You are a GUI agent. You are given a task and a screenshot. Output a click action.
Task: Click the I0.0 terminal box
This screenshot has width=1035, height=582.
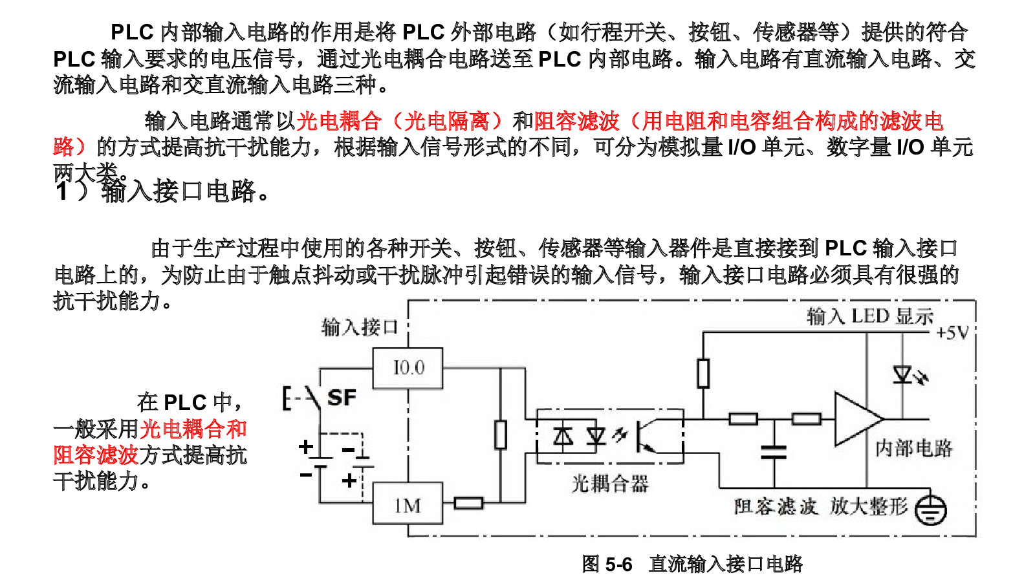pos(408,368)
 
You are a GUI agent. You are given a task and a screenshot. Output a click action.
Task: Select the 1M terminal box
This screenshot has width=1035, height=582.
pos(408,504)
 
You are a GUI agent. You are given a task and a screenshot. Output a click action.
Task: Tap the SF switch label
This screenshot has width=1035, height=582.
pos(342,398)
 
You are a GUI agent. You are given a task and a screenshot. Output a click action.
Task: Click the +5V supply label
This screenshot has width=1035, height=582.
pos(952,332)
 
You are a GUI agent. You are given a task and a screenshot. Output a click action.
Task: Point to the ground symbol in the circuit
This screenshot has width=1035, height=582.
pos(931,510)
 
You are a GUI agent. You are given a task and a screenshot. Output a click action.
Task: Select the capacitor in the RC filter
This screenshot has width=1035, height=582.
pos(774,452)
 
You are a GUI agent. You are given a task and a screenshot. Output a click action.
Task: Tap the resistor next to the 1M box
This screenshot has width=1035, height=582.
pos(468,503)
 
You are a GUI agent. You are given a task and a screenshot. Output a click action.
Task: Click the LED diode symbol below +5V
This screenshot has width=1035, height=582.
pos(902,374)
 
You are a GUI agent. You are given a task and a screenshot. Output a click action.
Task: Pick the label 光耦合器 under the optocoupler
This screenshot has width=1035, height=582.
pos(610,484)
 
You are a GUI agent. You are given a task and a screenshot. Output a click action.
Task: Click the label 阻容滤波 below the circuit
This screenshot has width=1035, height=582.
pos(776,507)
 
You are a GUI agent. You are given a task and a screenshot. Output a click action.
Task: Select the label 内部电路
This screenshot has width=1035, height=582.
pos(914,449)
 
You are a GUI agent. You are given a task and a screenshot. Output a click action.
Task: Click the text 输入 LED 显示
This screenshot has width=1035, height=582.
pos(870,317)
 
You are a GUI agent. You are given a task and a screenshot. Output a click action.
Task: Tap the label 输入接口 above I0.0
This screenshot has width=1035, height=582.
pos(360,327)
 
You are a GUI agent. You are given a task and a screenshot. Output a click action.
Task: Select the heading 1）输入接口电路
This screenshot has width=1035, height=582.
pos(162,191)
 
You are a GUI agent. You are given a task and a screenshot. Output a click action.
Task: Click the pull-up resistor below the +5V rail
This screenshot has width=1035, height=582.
pos(703,373)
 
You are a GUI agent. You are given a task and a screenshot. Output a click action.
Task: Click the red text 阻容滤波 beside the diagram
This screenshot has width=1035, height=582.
pos(96,455)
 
